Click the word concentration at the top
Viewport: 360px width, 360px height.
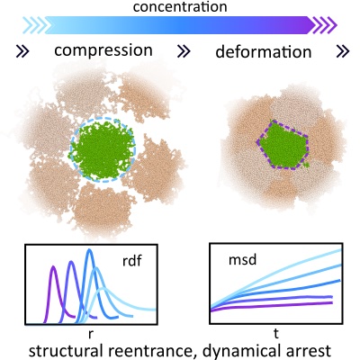[180, 6]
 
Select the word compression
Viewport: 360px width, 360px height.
[103, 51]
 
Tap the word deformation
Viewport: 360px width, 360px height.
[264, 51]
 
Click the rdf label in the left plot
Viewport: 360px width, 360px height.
[132, 261]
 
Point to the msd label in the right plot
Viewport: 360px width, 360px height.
[242, 259]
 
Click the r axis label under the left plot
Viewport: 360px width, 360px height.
[91, 334]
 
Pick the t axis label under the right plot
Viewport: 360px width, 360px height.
[276, 333]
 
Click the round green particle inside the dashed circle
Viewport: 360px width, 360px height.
[103, 150]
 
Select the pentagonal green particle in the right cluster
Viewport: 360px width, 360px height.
[283, 145]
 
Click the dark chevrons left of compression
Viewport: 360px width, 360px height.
[22, 51]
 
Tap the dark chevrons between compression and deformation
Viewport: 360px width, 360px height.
[184, 51]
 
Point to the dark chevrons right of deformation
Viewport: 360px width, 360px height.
[343, 51]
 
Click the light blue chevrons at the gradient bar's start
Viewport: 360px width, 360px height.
[35, 25]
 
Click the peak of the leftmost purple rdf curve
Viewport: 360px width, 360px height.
[53, 266]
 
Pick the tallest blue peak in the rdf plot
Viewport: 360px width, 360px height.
[89, 250]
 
